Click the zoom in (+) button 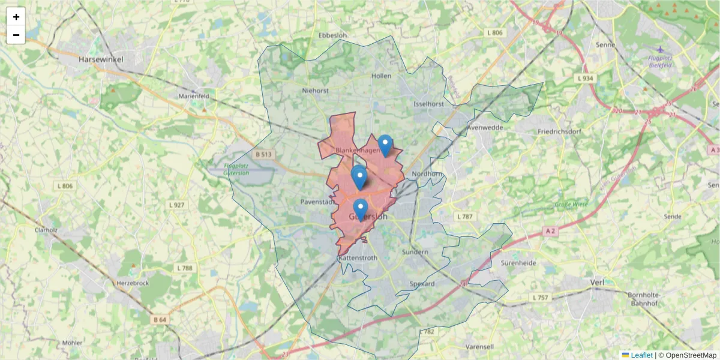tap(16, 17)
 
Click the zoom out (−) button tap(16, 35)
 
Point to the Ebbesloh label tap(333, 35)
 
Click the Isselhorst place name tap(428, 104)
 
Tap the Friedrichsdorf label tap(561, 131)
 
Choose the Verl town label tap(597, 281)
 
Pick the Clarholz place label tap(46, 229)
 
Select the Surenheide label tap(518, 263)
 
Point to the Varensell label tap(479, 347)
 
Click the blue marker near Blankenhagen tap(385, 145)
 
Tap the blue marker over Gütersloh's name tap(360, 209)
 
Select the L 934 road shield tap(585, 79)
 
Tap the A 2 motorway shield tap(551, 230)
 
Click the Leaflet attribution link tap(641, 355)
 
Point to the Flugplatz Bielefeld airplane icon tap(660, 49)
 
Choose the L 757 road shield tap(541, 298)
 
